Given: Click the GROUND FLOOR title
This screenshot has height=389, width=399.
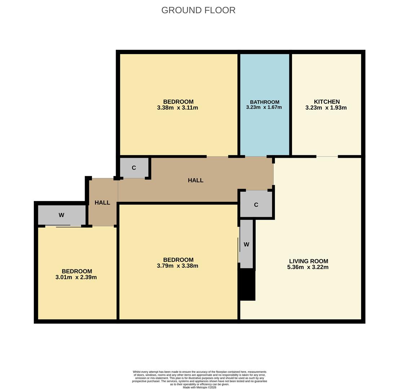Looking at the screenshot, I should (198, 10).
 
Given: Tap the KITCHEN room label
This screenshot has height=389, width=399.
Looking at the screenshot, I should (327, 102).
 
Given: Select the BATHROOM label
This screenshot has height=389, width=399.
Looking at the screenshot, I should (265, 102).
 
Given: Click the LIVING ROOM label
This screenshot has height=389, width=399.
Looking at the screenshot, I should (308, 261).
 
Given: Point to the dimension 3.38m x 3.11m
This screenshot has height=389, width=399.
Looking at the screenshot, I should (177, 108).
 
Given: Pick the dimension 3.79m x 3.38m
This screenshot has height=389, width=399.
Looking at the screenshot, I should (177, 266).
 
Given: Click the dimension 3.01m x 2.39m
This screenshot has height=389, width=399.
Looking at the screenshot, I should (76, 277).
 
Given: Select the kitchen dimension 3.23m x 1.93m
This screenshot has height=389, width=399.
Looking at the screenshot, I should (326, 108).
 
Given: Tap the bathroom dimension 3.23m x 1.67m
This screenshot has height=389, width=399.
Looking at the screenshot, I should (264, 107).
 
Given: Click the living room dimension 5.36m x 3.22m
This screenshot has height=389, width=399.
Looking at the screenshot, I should (307, 267).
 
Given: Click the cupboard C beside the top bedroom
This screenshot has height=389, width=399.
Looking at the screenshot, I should (134, 168).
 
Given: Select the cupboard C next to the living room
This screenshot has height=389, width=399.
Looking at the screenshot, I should (256, 205).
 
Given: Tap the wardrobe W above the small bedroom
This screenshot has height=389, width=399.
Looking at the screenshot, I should (61, 215).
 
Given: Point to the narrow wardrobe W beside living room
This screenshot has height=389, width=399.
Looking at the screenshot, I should (247, 245).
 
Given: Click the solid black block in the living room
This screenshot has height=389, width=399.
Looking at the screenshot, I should (247, 285).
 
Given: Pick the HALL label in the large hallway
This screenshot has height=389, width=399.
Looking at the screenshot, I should (195, 180).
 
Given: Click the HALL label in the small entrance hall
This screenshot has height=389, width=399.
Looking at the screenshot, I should (102, 203).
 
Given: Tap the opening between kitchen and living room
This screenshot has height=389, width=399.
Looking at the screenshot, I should (327, 157).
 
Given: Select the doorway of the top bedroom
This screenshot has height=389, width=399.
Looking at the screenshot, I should (217, 157).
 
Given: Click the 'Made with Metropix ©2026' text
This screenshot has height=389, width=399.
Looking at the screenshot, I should (199, 387).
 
